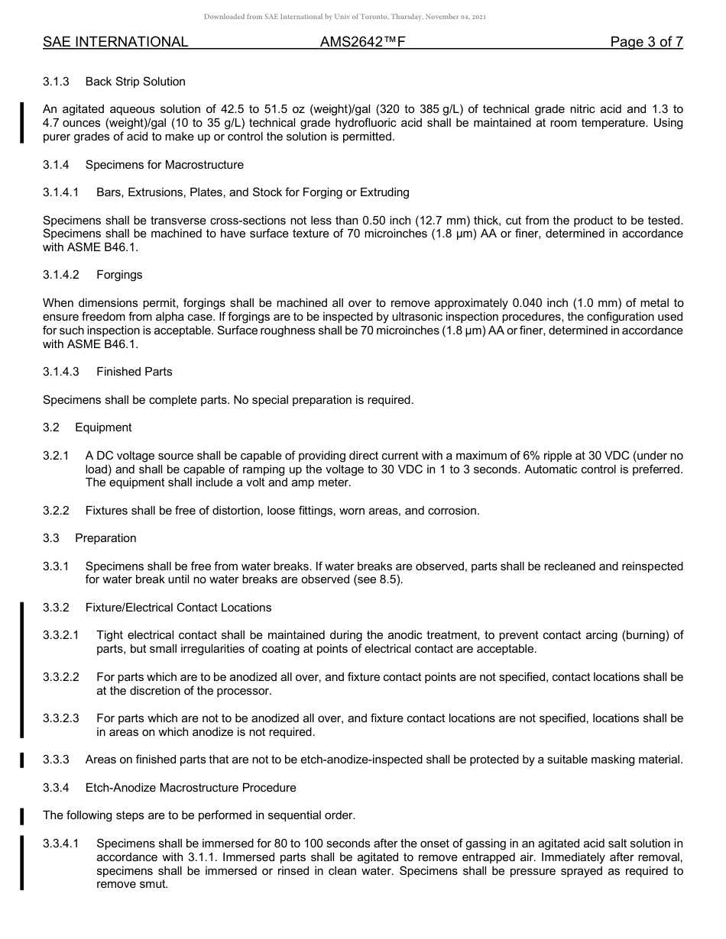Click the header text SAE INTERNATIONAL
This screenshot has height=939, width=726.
pos(115,42)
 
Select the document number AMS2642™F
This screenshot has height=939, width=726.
pos(362,42)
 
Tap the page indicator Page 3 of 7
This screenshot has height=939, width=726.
pos(646,42)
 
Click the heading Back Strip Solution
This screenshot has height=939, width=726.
pos(135,82)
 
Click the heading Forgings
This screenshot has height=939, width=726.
pos(119,275)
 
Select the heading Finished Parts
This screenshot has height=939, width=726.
pos(135,372)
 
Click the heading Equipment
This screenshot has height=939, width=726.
pos(103,428)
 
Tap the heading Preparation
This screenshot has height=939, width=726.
pos(105,538)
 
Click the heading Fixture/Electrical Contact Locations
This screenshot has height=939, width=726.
pos(178,608)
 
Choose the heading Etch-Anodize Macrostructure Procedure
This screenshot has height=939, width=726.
pos(190,788)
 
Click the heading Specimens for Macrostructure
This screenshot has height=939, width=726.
pos(164,165)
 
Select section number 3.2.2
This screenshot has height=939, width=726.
pos(56,511)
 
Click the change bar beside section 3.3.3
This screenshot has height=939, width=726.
pos(22,760)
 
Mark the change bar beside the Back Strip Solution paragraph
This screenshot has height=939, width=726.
pos(22,123)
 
